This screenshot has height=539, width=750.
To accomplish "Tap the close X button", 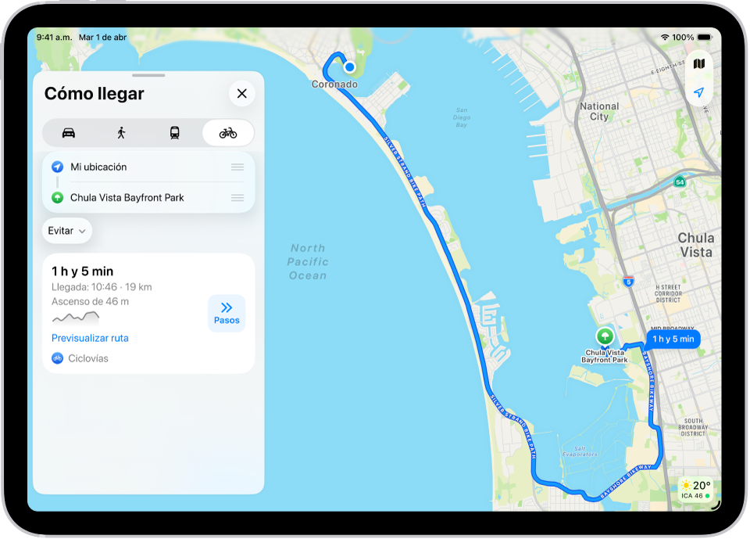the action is tap(241, 94).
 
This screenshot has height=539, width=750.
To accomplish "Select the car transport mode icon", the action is tap(69, 133).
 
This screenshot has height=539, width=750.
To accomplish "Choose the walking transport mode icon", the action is tap(121, 133).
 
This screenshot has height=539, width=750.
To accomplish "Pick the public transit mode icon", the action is tap(174, 133).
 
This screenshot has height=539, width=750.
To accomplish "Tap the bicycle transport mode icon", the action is tap(228, 133).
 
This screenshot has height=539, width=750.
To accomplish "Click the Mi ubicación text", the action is tap(98, 167).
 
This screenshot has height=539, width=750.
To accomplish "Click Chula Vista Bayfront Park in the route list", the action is tap(127, 198).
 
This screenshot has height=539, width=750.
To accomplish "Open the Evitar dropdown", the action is tap(66, 231).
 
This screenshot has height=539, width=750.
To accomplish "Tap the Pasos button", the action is tap(227, 313).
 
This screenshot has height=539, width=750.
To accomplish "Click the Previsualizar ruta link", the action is tap(90, 338).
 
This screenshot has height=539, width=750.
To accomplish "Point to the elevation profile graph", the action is tap(76, 317).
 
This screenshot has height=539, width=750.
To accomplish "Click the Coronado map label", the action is tap(334, 84).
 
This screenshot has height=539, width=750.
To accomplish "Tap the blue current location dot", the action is tap(350, 67).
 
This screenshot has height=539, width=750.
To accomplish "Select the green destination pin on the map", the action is tap(605, 337).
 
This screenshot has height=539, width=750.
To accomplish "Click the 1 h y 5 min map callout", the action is tap(673, 339).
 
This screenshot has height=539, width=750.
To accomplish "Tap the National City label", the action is tap(599, 111).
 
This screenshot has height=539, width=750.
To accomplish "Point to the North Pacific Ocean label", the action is tap(308, 262).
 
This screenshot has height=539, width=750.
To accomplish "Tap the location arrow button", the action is tap(699, 92).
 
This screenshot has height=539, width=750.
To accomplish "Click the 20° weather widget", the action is tap(695, 488).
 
